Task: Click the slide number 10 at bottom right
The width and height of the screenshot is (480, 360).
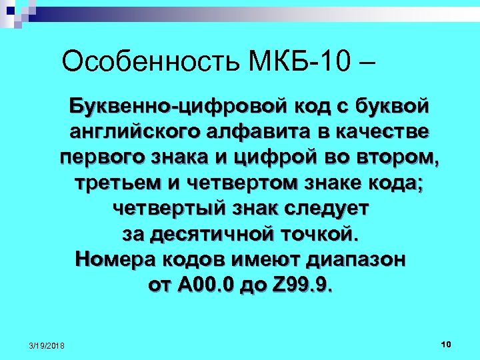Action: [x=446, y=343]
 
